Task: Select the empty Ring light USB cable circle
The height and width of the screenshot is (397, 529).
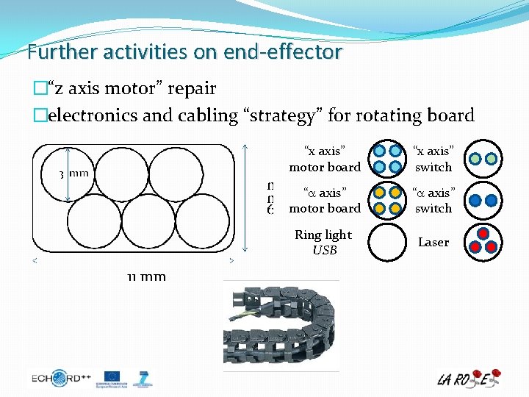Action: [x=387, y=242]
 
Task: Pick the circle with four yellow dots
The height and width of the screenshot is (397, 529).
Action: [x=387, y=200]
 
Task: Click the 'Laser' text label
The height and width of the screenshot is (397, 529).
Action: [x=433, y=242]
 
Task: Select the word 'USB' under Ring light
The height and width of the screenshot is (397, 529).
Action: [x=325, y=251]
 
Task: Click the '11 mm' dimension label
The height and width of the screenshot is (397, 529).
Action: [x=146, y=276]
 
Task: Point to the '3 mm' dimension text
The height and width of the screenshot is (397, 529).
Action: [x=74, y=174]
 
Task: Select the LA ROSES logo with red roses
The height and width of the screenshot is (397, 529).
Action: [x=468, y=378]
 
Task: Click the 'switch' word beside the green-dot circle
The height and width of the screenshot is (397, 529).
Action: [x=433, y=167]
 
